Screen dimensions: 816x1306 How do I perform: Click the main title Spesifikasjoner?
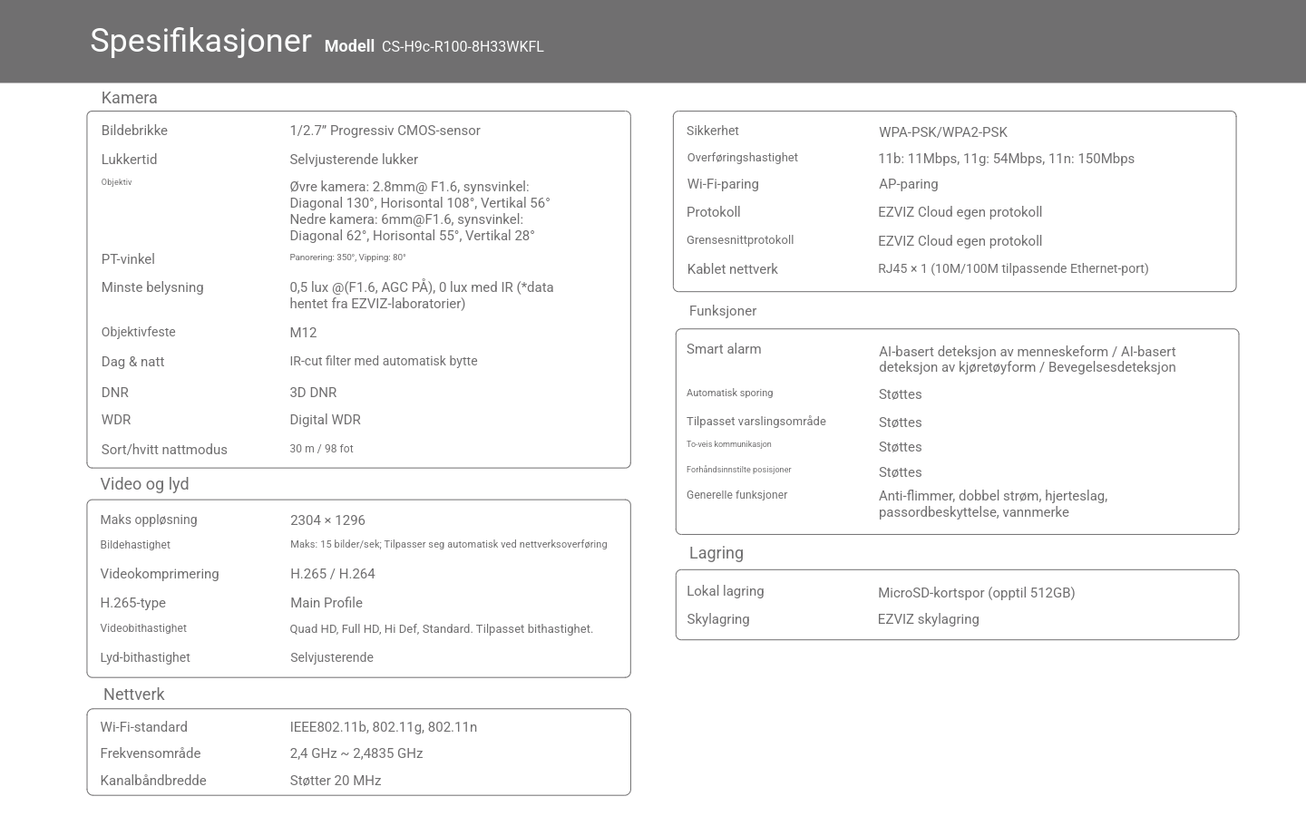click(x=200, y=42)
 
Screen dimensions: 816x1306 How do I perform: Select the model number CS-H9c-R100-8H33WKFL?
click(x=463, y=47)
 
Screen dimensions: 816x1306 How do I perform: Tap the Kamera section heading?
click(x=130, y=98)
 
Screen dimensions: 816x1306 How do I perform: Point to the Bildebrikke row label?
click(x=134, y=131)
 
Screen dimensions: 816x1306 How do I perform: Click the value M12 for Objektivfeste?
click(x=303, y=333)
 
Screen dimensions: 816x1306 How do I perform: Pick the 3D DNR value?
click(x=313, y=393)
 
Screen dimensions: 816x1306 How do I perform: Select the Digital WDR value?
click(x=325, y=420)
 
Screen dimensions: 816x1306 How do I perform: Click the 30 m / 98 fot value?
click(x=321, y=449)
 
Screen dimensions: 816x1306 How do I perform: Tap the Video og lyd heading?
click(x=144, y=484)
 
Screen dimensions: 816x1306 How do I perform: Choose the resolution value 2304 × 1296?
click(x=327, y=520)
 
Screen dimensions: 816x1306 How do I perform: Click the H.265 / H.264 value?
click(x=332, y=574)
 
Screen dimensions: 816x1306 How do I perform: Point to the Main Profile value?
click(x=326, y=603)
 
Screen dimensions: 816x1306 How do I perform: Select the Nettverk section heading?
click(x=133, y=695)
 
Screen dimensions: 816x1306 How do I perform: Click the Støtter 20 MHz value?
click(x=335, y=781)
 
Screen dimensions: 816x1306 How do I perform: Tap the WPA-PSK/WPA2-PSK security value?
click(x=942, y=132)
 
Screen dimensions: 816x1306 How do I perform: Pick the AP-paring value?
click(x=908, y=184)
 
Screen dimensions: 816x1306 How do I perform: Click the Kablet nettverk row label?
click(x=732, y=269)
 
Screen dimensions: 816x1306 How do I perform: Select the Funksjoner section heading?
click(x=722, y=311)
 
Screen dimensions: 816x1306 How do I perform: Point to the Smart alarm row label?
click(x=724, y=349)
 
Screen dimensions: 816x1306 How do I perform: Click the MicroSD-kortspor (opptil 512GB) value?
click(x=976, y=593)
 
